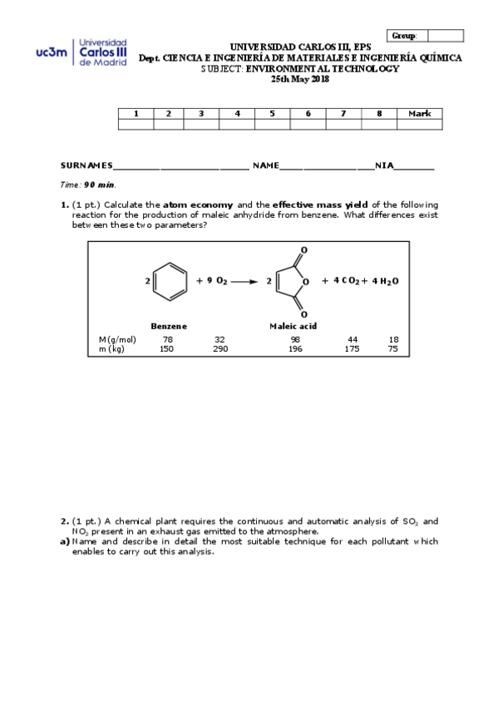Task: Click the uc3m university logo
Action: tap(81, 52)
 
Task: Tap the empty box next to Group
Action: tap(446, 36)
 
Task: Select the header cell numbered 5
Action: tap(272, 114)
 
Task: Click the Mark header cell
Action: tap(419, 114)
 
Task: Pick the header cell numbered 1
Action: tap(136, 114)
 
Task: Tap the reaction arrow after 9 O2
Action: tap(244, 282)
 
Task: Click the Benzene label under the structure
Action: tap(169, 326)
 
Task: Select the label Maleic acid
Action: tap(293, 326)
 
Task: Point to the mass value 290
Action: tap(219, 349)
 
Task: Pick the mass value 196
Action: tap(295, 349)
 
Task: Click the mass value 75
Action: tap(393, 349)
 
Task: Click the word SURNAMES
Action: tap(86, 166)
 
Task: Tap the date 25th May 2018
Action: tap(300, 79)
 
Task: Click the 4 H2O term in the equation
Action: tap(385, 281)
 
